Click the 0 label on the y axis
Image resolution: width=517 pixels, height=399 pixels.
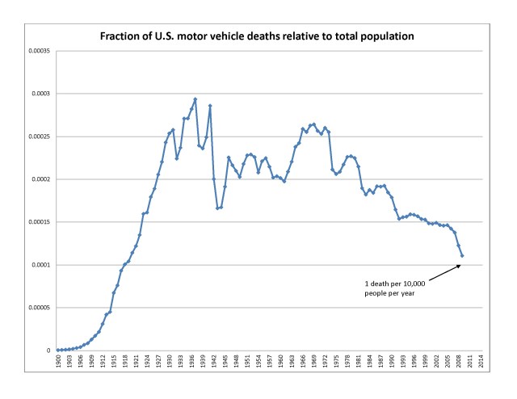[50, 351]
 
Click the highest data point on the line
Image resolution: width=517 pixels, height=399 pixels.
[195, 99]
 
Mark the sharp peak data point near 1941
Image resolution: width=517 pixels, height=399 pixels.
[210, 106]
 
